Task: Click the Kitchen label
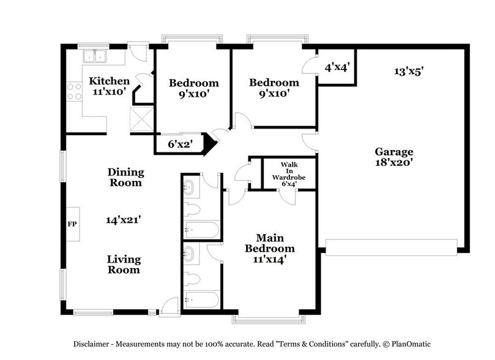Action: pos(110,81)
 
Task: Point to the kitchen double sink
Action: pos(94,57)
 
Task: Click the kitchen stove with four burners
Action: pos(74,92)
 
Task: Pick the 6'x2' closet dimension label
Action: pos(181,144)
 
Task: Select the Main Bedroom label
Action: pos(269,243)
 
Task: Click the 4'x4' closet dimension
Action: pos(336,67)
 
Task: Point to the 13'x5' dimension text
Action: pos(409,71)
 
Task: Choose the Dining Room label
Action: pos(125,177)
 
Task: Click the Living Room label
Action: pos(124,264)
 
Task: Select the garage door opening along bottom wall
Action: pos(392,247)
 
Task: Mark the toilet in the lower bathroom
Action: pos(193,279)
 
